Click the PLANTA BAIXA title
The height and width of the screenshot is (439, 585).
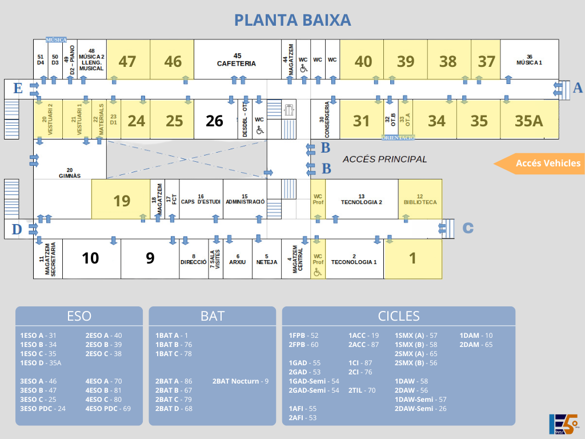pos(292,20)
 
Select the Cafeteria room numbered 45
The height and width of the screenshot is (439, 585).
pos(237,59)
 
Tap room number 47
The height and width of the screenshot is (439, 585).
pos(127,61)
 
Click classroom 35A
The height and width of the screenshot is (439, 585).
pos(528,121)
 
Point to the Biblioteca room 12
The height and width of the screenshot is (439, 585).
pos(420,199)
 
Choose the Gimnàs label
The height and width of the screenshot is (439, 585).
pos(70,173)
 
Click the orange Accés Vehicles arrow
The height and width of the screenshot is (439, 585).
pos(540,163)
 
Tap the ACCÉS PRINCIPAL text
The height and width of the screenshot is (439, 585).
pos(384,159)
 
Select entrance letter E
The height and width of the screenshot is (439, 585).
pos(18,88)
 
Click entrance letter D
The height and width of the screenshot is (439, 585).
pos(17,229)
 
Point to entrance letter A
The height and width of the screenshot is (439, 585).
pos(578,87)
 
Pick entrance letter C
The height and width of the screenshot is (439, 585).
pos(467,228)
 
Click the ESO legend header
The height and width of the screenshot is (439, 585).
pos(79,316)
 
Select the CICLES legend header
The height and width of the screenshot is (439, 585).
pos(398,316)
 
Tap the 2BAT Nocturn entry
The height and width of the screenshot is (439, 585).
pos(240,381)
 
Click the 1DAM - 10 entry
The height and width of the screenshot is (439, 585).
pos(476,336)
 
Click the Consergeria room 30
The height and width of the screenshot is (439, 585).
pos(325,119)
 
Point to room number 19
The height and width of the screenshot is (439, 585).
pos(122,201)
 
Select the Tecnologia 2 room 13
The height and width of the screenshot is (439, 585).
pos(361,199)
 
